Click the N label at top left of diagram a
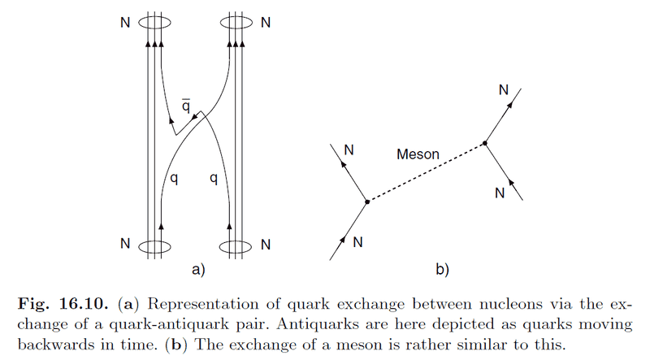(x=124, y=22)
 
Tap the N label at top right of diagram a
(x=264, y=22)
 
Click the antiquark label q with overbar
(x=186, y=106)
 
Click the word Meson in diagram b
(x=418, y=153)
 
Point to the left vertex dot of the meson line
(x=366, y=201)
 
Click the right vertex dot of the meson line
(x=485, y=143)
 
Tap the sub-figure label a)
(x=194, y=267)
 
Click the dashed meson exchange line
(x=426, y=172)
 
